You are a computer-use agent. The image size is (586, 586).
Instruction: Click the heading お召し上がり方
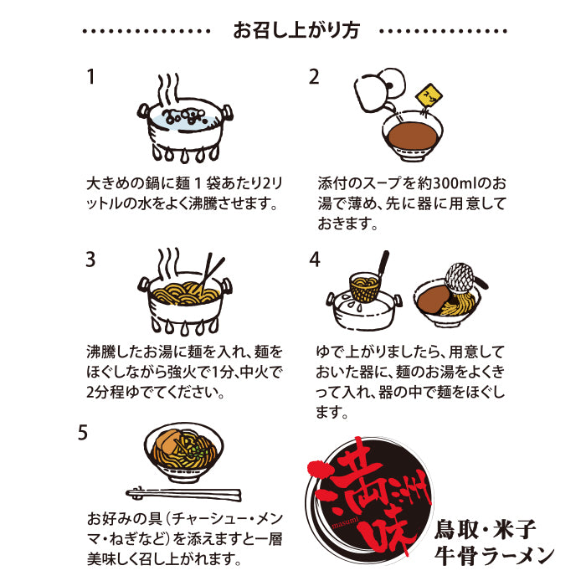pyautogui.click(x=296, y=31)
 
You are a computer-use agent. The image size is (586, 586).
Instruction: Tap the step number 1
pyautogui.click(x=90, y=77)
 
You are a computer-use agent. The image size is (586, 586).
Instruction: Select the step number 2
pyautogui.click(x=314, y=77)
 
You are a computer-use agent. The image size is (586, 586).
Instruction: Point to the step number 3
pyautogui.click(x=90, y=259)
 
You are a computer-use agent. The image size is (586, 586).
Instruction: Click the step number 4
pyautogui.click(x=315, y=260)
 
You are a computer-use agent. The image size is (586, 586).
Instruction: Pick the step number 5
pyautogui.click(x=83, y=433)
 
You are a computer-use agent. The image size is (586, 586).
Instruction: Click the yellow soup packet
pyautogui.click(x=429, y=96)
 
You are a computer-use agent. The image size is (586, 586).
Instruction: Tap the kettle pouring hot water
pyautogui.click(x=379, y=90)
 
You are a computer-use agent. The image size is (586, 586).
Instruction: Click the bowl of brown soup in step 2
pyautogui.click(x=412, y=136)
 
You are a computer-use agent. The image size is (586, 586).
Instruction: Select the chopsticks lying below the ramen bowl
pyautogui.click(x=183, y=494)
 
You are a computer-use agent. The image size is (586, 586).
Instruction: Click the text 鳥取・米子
pyautogui.click(x=485, y=530)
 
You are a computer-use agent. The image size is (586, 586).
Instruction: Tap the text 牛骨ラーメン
pyautogui.click(x=494, y=556)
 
